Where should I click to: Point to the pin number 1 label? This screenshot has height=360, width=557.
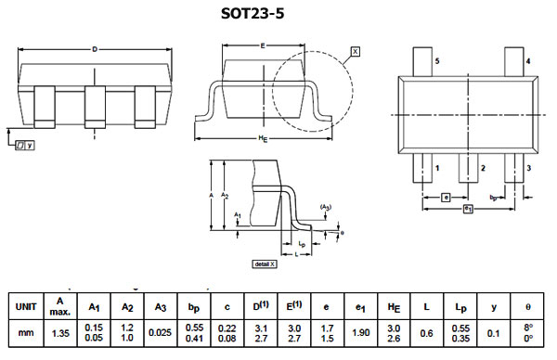(437, 168)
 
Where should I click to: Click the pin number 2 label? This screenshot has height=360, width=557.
(482, 168)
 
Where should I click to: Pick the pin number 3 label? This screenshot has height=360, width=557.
(527, 168)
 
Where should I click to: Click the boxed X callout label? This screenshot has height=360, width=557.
(356, 52)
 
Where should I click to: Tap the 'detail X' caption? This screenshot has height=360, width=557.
(265, 264)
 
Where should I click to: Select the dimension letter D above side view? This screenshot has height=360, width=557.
(95, 48)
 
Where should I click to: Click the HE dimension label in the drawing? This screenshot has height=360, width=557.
(264, 140)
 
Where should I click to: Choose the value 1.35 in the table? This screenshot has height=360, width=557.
(60, 333)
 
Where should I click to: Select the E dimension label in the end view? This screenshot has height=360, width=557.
(264, 45)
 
